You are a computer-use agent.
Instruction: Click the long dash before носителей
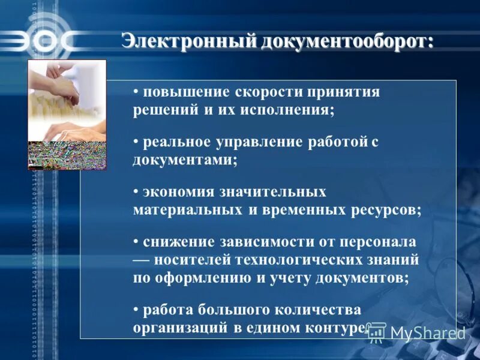click(x=142, y=260)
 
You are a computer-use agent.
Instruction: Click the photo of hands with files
click(x=67, y=114)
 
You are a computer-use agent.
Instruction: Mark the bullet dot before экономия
click(x=137, y=192)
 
